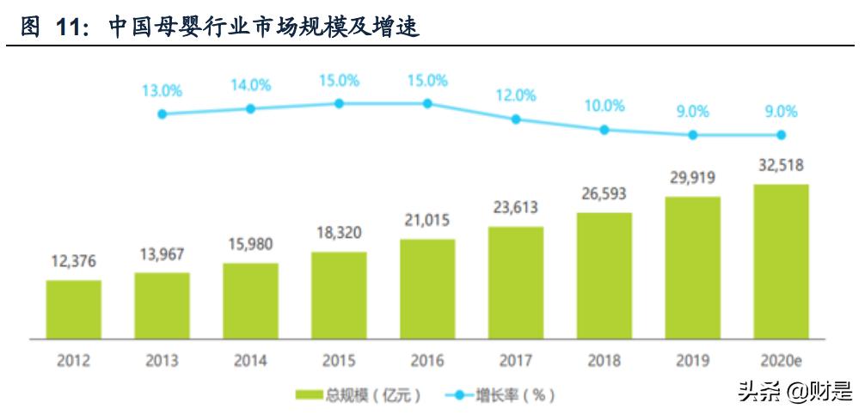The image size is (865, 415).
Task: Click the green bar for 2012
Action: [73, 308]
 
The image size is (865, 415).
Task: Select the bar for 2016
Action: [427, 288]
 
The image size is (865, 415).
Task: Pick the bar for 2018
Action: [604, 275]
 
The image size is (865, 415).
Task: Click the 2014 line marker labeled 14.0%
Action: [250, 108]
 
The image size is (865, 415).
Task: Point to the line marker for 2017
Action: [516, 119]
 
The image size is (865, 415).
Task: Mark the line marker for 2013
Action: [162, 113]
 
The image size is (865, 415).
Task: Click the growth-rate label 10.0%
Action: [604, 106]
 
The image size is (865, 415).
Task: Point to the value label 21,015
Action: [427, 220]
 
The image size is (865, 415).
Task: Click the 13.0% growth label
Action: [162, 89]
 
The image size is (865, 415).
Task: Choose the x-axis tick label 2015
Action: [339, 361]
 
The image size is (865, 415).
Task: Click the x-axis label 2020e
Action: [782, 361]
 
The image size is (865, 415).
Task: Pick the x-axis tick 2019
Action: [692, 361]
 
